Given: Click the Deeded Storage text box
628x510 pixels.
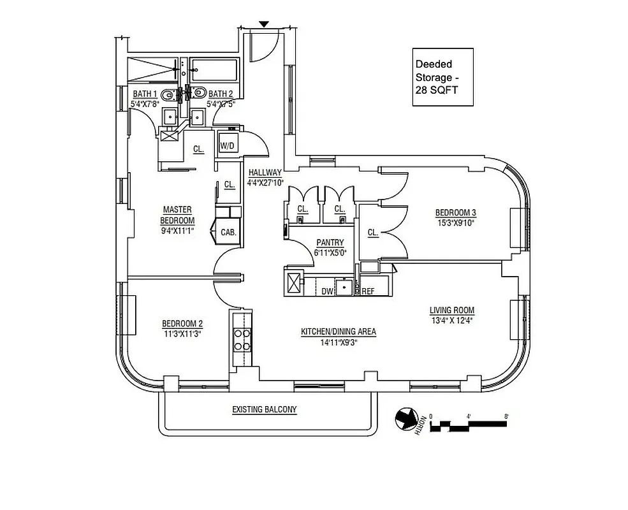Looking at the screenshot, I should pos(443,77).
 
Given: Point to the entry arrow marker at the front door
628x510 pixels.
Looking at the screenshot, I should pos(265,24).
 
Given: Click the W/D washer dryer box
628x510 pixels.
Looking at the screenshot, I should pos(228,145).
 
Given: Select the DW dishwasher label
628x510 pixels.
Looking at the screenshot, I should pos(328,291).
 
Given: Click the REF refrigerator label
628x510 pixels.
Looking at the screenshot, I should pos(368,291).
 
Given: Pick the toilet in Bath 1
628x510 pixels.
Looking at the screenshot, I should pos(168,95).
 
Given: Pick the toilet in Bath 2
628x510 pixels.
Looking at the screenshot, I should pos(198,94).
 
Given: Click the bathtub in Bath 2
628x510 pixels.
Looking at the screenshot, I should pos(214,68).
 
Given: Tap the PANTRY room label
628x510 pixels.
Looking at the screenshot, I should pos(330,243).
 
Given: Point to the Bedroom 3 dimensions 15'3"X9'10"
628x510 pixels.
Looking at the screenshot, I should pos(455,222).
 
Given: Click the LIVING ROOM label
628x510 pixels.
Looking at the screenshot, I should pos(451,310).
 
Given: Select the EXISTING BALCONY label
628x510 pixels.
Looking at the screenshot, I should pos(265,409).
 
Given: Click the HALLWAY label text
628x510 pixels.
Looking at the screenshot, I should pos(265,173).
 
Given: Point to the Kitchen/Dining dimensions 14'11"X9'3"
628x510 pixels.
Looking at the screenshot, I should pos(338,342).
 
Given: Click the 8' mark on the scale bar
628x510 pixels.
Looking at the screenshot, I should pos(506,418).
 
